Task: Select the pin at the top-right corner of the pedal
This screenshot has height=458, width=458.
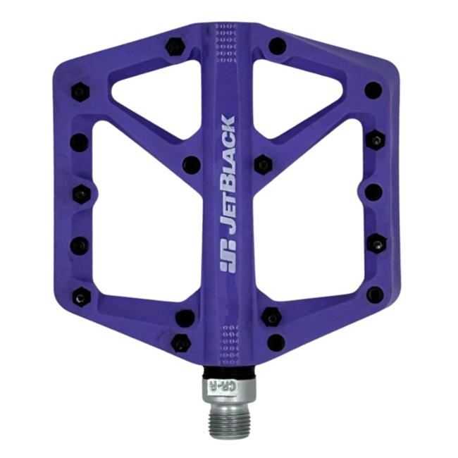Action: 375,89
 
